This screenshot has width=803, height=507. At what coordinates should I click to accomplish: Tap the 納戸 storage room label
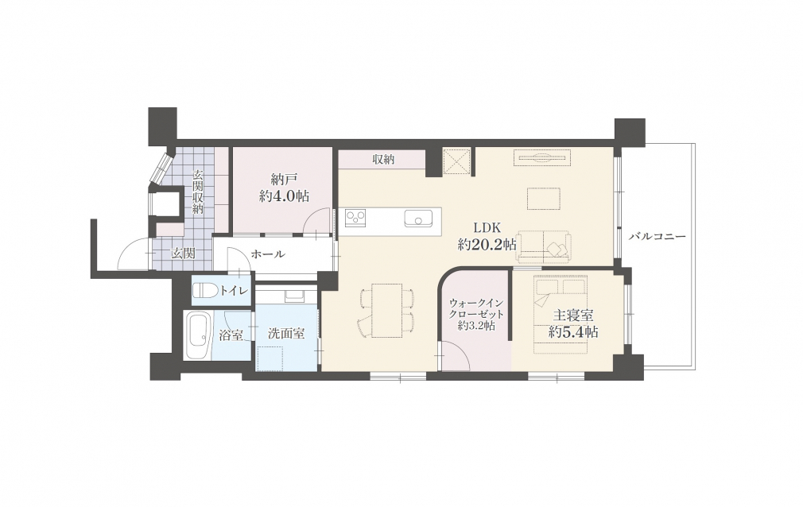click(284, 188)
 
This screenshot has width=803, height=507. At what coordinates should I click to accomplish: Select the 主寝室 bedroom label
click(573, 323)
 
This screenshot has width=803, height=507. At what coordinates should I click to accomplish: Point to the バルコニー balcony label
click(657, 237)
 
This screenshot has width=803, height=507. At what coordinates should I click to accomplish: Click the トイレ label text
click(234, 291)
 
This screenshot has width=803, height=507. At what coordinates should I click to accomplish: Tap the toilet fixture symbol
click(205, 291)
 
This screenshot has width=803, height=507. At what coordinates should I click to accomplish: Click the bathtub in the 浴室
click(198, 335)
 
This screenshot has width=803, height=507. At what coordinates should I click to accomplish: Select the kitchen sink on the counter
click(418, 219)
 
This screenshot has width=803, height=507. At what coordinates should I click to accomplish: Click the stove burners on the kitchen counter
click(355, 219)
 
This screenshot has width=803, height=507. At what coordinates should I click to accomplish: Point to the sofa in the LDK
click(543, 247)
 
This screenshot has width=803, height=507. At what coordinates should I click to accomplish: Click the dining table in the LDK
click(386, 311)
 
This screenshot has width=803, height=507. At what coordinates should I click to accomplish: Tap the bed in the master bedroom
click(561, 315)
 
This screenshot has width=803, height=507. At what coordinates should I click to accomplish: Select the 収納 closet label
click(383, 160)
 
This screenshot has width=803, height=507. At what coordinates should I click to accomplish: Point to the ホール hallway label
click(268, 254)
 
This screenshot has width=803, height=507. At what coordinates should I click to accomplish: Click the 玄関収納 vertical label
click(198, 192)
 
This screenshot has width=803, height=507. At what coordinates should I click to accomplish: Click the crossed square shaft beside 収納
click(456, 161)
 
